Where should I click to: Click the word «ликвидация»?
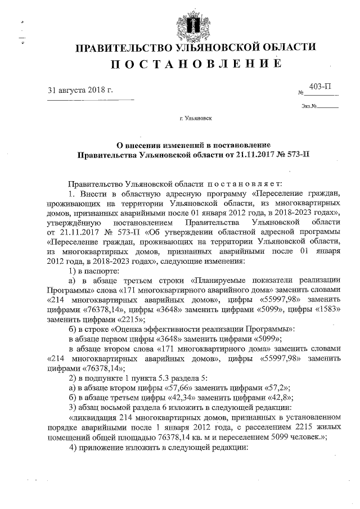(93, 418)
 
